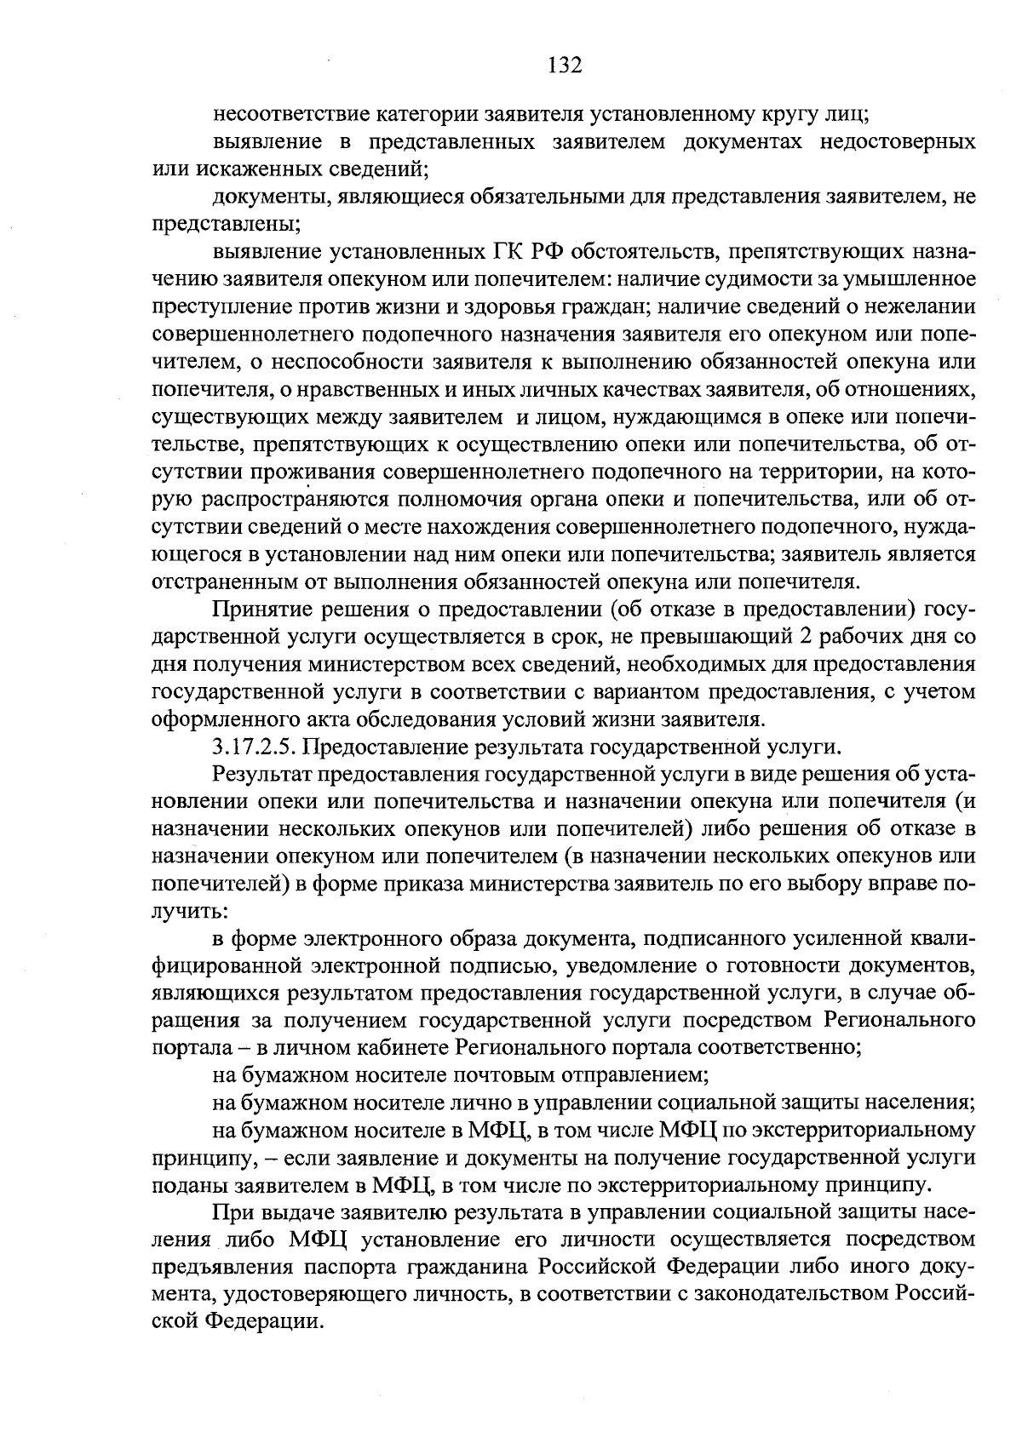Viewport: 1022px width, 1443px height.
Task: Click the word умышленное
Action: click(921, 278)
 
